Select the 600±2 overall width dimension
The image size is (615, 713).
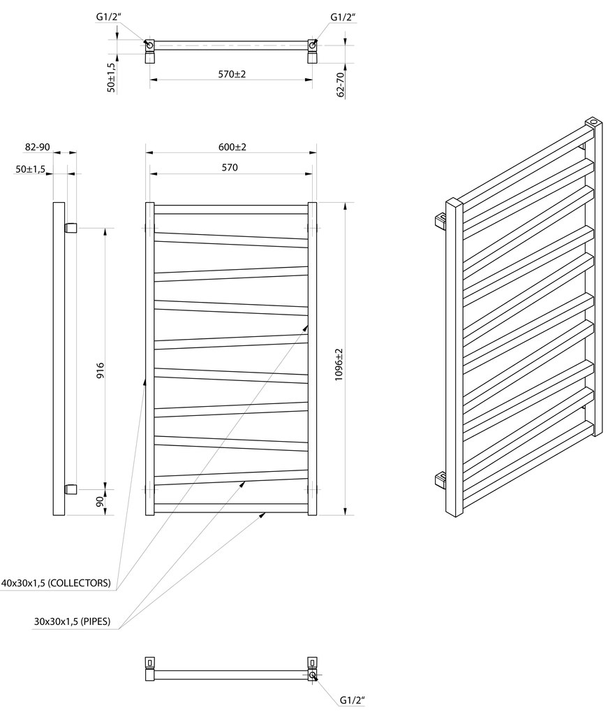pyautogui.click(x=232, y=147)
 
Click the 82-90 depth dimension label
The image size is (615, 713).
pyautogui.click(x=37, y=147)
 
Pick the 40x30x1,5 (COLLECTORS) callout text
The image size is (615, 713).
pyautogui.click(x=56, y=582)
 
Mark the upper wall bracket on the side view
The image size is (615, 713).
pyautogui.click(x=71, y=227)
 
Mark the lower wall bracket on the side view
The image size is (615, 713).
pyautogui.click(x=71, y=488)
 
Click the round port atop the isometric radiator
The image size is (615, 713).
pyautogui.click(x=593, y=122)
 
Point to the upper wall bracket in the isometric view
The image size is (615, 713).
pyautogui.click(x=440, y=221)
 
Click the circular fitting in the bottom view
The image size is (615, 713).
pyautogui.click(x=312, y=676)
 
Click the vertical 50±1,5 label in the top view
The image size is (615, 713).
pyautogui.click(x=111, y=78)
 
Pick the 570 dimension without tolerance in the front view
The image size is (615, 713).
pyautogui.click(x=230, y=167)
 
